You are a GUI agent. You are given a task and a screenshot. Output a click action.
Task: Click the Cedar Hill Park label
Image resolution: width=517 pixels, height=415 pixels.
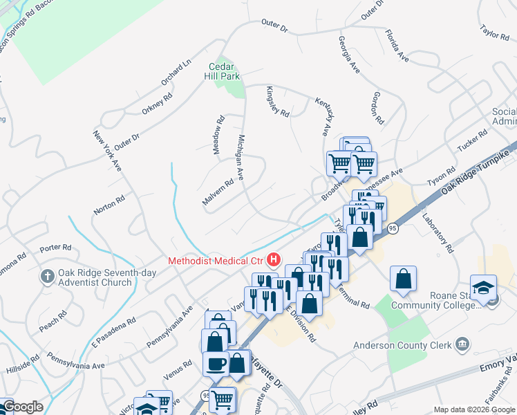tap(224, 71)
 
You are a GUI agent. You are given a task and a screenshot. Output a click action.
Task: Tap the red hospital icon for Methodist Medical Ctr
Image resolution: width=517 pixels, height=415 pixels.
tap(274, 260)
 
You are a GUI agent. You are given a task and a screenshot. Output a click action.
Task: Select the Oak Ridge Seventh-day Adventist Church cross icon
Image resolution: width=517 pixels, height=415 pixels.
tap(47, 277)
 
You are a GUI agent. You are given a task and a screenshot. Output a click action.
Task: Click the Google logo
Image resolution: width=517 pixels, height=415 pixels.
tap(22, 407)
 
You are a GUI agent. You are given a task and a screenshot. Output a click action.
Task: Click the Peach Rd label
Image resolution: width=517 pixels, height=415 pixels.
tap(53, 320)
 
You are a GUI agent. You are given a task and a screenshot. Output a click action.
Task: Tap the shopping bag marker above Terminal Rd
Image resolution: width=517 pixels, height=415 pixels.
tap(403, 279)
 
